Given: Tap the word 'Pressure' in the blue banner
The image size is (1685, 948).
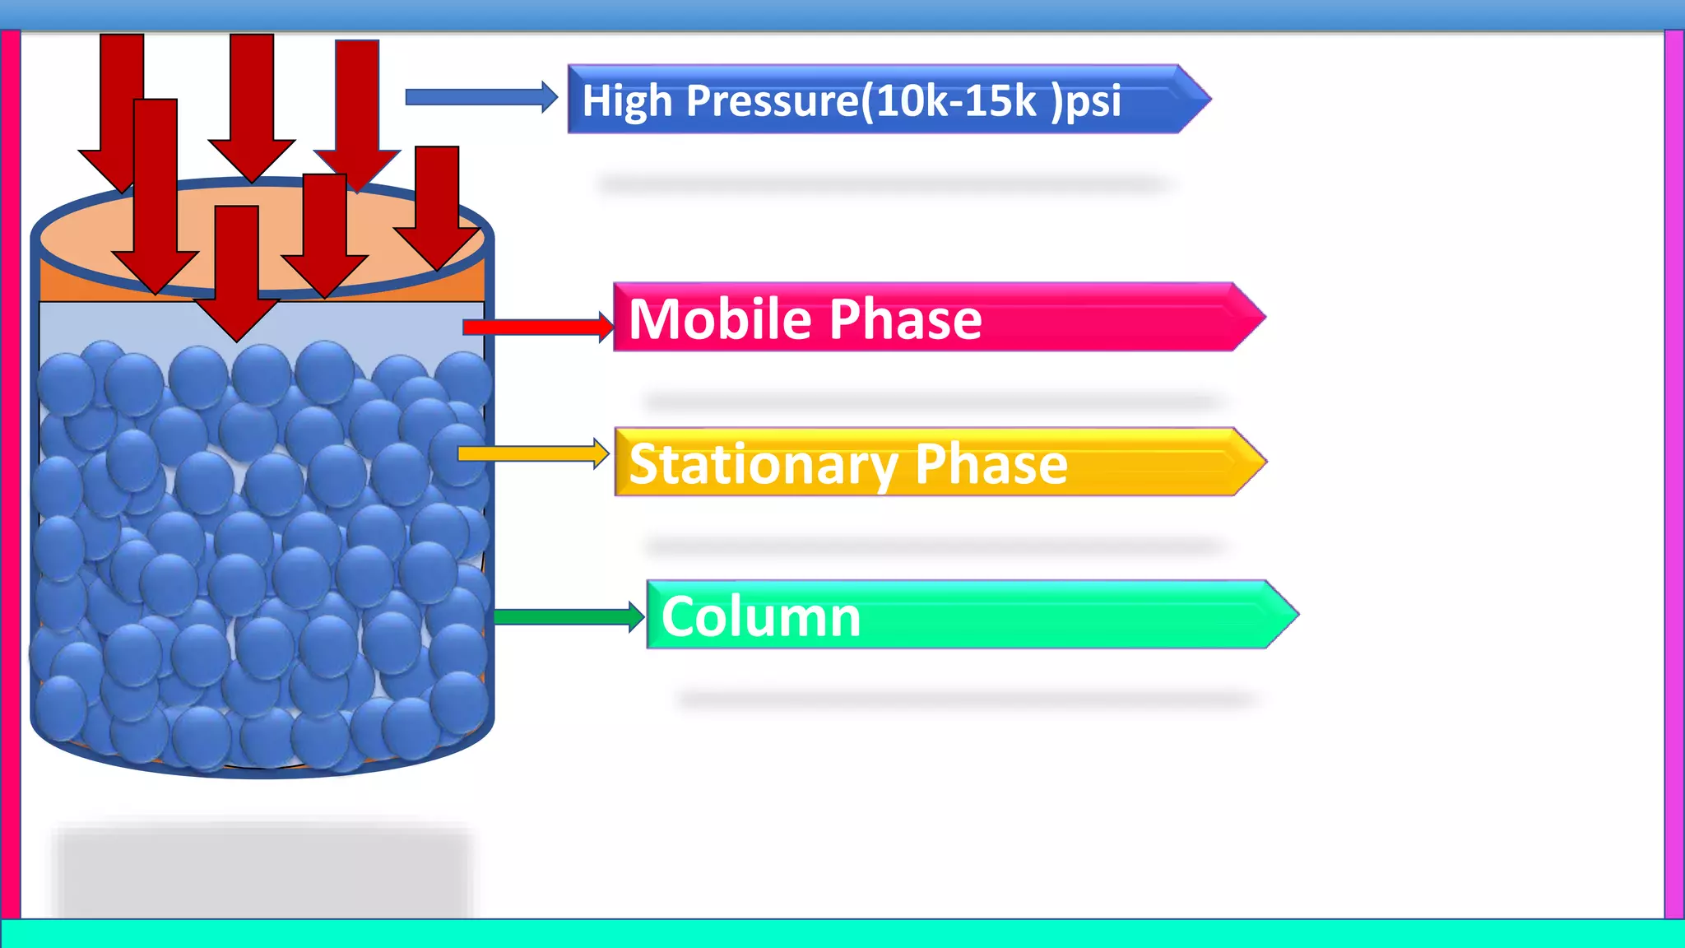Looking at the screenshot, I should point(772,101).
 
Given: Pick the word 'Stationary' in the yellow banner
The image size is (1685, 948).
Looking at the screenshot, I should point(762,464).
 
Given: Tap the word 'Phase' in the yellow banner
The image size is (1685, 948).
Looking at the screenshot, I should point(991,464).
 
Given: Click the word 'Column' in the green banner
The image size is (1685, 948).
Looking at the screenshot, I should point(761,617).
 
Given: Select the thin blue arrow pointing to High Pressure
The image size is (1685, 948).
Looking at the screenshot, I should point(480,97).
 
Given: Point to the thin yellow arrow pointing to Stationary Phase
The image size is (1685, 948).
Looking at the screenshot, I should point(531,453).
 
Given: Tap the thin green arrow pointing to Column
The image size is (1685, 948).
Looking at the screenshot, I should point(568,616).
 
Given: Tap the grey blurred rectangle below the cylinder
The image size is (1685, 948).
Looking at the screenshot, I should point(262,872).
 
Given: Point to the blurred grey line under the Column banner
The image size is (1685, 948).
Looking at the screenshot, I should point(968,699).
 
